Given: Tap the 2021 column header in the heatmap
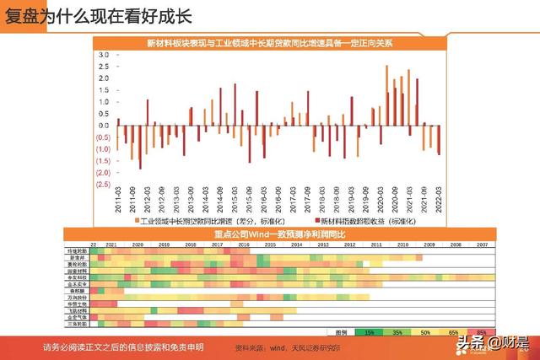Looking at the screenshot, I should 110,243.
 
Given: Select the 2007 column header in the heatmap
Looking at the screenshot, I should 481,243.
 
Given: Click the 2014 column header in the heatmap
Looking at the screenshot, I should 295,243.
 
